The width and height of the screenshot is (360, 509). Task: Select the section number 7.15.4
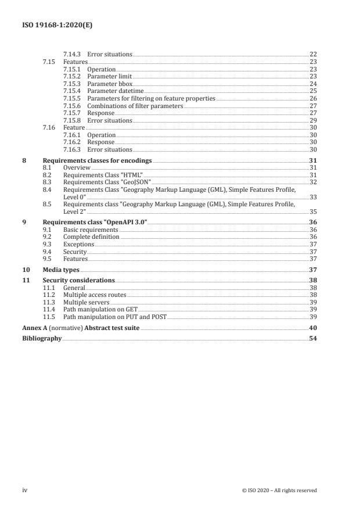pos(71,91)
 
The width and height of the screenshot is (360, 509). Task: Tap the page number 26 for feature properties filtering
pos(312,99)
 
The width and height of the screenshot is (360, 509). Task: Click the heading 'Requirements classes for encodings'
pos(97,160)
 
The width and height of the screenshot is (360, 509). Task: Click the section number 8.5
pos(48,204)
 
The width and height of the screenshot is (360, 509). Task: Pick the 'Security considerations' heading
pos(78,280)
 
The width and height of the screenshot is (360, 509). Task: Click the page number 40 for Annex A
pos(312,328)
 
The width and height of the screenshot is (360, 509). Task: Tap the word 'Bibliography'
pos(41,338)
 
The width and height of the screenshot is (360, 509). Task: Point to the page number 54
pos(312,338)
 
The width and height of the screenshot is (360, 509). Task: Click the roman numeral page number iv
pos(25,490)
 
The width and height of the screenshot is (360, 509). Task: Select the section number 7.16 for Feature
pos(49,127)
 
